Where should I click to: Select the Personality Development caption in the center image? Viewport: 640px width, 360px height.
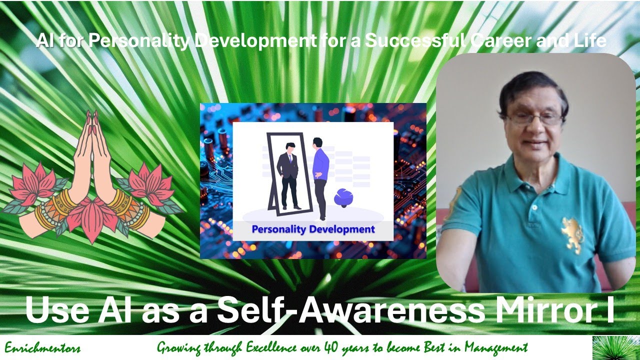313,229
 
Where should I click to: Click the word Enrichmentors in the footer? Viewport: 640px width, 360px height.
42,348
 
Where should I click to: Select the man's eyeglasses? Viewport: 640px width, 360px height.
534,119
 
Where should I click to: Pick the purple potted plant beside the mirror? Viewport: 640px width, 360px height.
343,197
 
